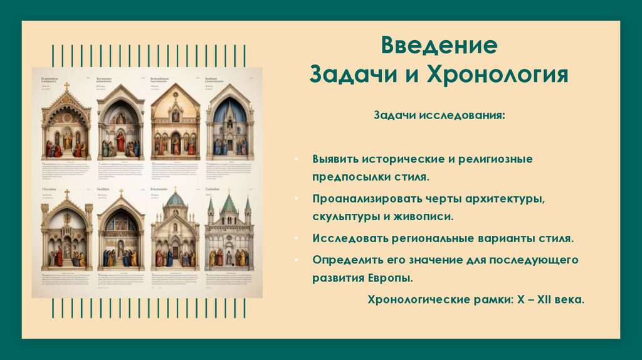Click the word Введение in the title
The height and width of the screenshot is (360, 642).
439,46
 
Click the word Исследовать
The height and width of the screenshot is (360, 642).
350,239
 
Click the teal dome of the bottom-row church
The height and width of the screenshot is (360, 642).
175,200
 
